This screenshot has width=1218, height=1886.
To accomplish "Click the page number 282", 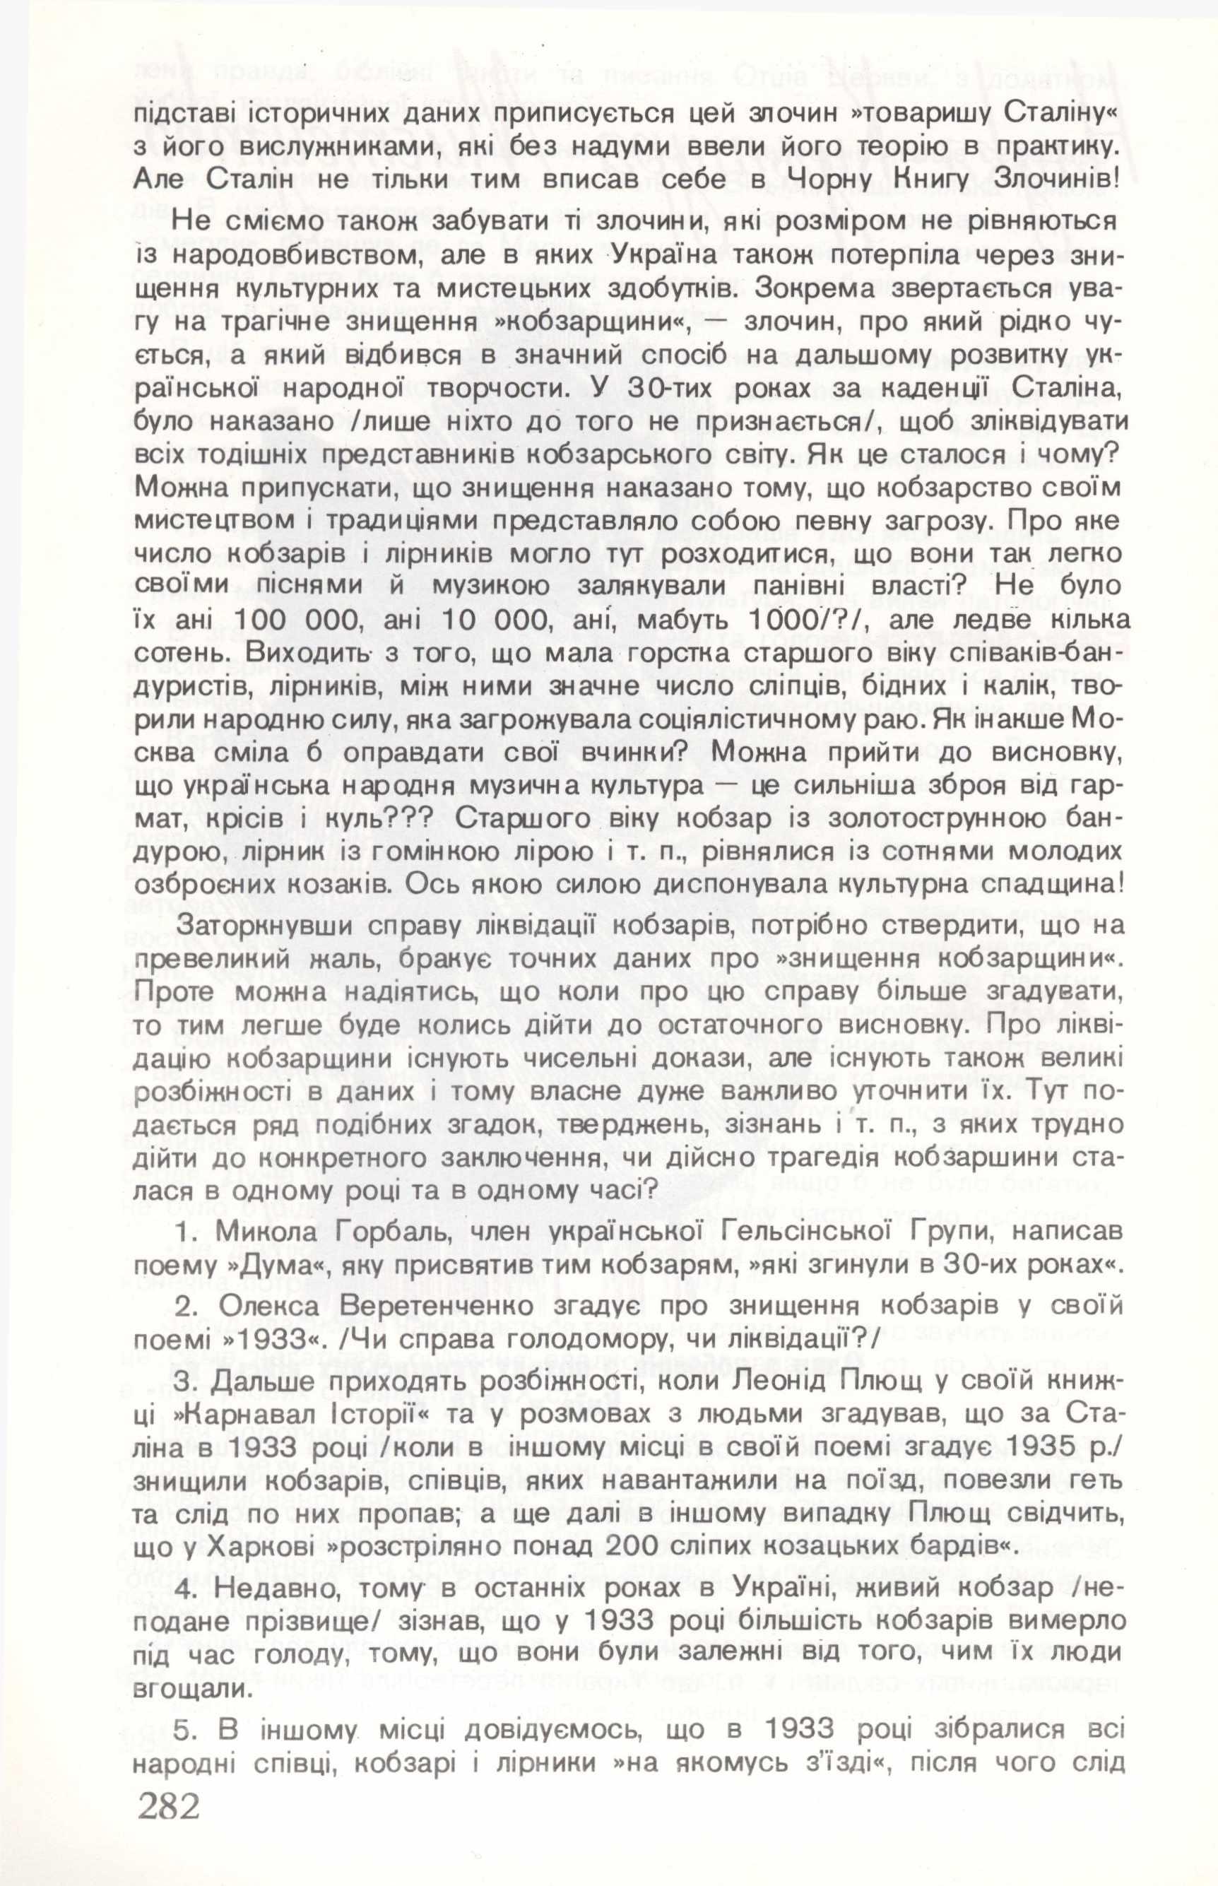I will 167,1846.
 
